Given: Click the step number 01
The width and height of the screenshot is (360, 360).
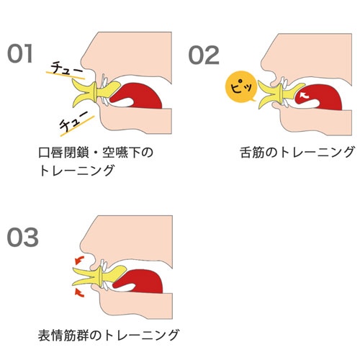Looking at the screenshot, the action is coord(20,54).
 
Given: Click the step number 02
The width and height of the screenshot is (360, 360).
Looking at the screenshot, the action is coord(204,55).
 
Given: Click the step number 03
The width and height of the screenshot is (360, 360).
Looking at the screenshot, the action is coord(23,237).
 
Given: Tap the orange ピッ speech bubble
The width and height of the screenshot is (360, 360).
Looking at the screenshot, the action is coord(241,86).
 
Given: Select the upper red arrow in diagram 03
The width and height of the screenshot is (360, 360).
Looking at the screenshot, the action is coord(79,260).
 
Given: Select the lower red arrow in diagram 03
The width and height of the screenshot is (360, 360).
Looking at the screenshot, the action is coord(79,292).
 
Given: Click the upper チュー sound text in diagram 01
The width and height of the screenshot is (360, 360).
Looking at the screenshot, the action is coord(67,68).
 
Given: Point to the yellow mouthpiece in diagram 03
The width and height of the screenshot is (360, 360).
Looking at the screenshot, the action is coord(99,276).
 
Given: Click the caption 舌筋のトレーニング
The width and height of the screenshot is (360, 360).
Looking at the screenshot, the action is coord(297,152).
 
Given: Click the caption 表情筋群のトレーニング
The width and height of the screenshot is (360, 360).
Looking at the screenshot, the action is coord(109,335).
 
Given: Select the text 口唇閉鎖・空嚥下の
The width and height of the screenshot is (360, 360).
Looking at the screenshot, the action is coord(96,153).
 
